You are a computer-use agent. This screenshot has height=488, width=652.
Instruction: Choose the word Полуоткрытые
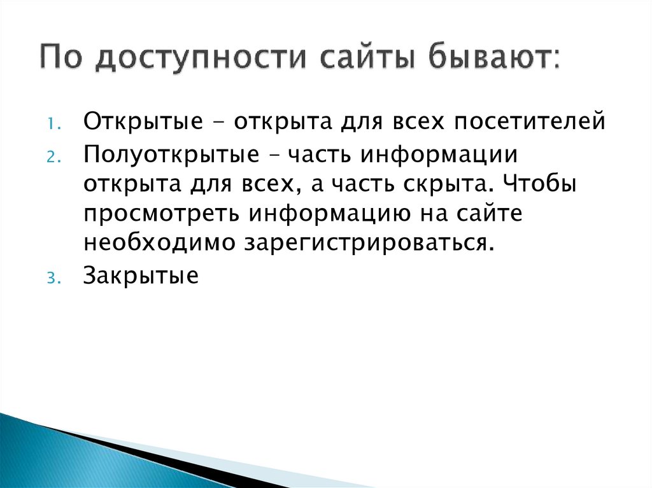166,155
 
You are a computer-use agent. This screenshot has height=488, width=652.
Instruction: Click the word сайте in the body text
488,213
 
